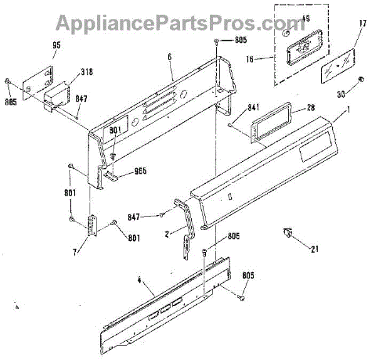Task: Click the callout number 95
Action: pyautogui.click(x=56, y=46)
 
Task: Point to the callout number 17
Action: pyautogui.click(x=362, y=24)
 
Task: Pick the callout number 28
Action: pyautogui.click(x=310, y=109)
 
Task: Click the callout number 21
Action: pyautogui.click(x=315, y=249)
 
